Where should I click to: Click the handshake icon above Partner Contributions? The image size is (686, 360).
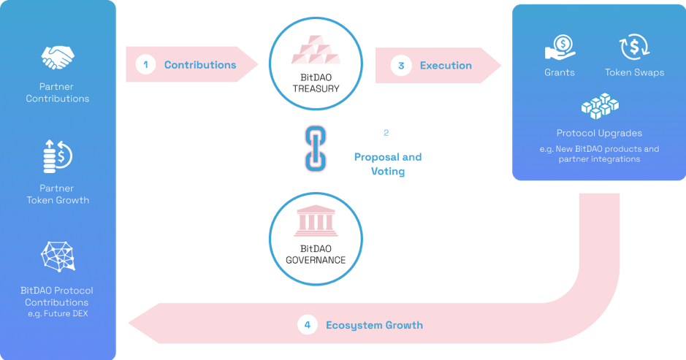click(x=58, y=56)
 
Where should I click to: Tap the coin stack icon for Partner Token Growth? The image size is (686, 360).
click(x=58, y=155)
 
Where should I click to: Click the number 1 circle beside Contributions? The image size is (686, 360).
click(x=146, y=65)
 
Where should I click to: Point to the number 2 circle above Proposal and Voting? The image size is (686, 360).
click(x=386, y=133)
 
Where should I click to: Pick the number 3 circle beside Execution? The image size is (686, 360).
click(x=401, y=66)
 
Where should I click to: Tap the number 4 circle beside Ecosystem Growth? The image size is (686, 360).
click(x=308, y=325)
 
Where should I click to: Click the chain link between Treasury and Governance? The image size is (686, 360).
click(x=316, y=148)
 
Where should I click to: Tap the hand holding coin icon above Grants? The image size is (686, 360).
click(x=560, y=48)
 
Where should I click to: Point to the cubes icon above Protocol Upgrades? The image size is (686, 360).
click(x=600, y=107)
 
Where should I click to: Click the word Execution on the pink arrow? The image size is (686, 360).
click(x=446, y=66)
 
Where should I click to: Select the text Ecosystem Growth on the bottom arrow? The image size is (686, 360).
click(x=374, y=325)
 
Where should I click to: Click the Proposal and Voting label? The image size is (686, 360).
click(x=388, y=164)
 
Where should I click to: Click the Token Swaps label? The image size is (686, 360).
click(x=634, y=72)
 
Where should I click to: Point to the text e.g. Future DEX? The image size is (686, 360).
click(x=57, y=314)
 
